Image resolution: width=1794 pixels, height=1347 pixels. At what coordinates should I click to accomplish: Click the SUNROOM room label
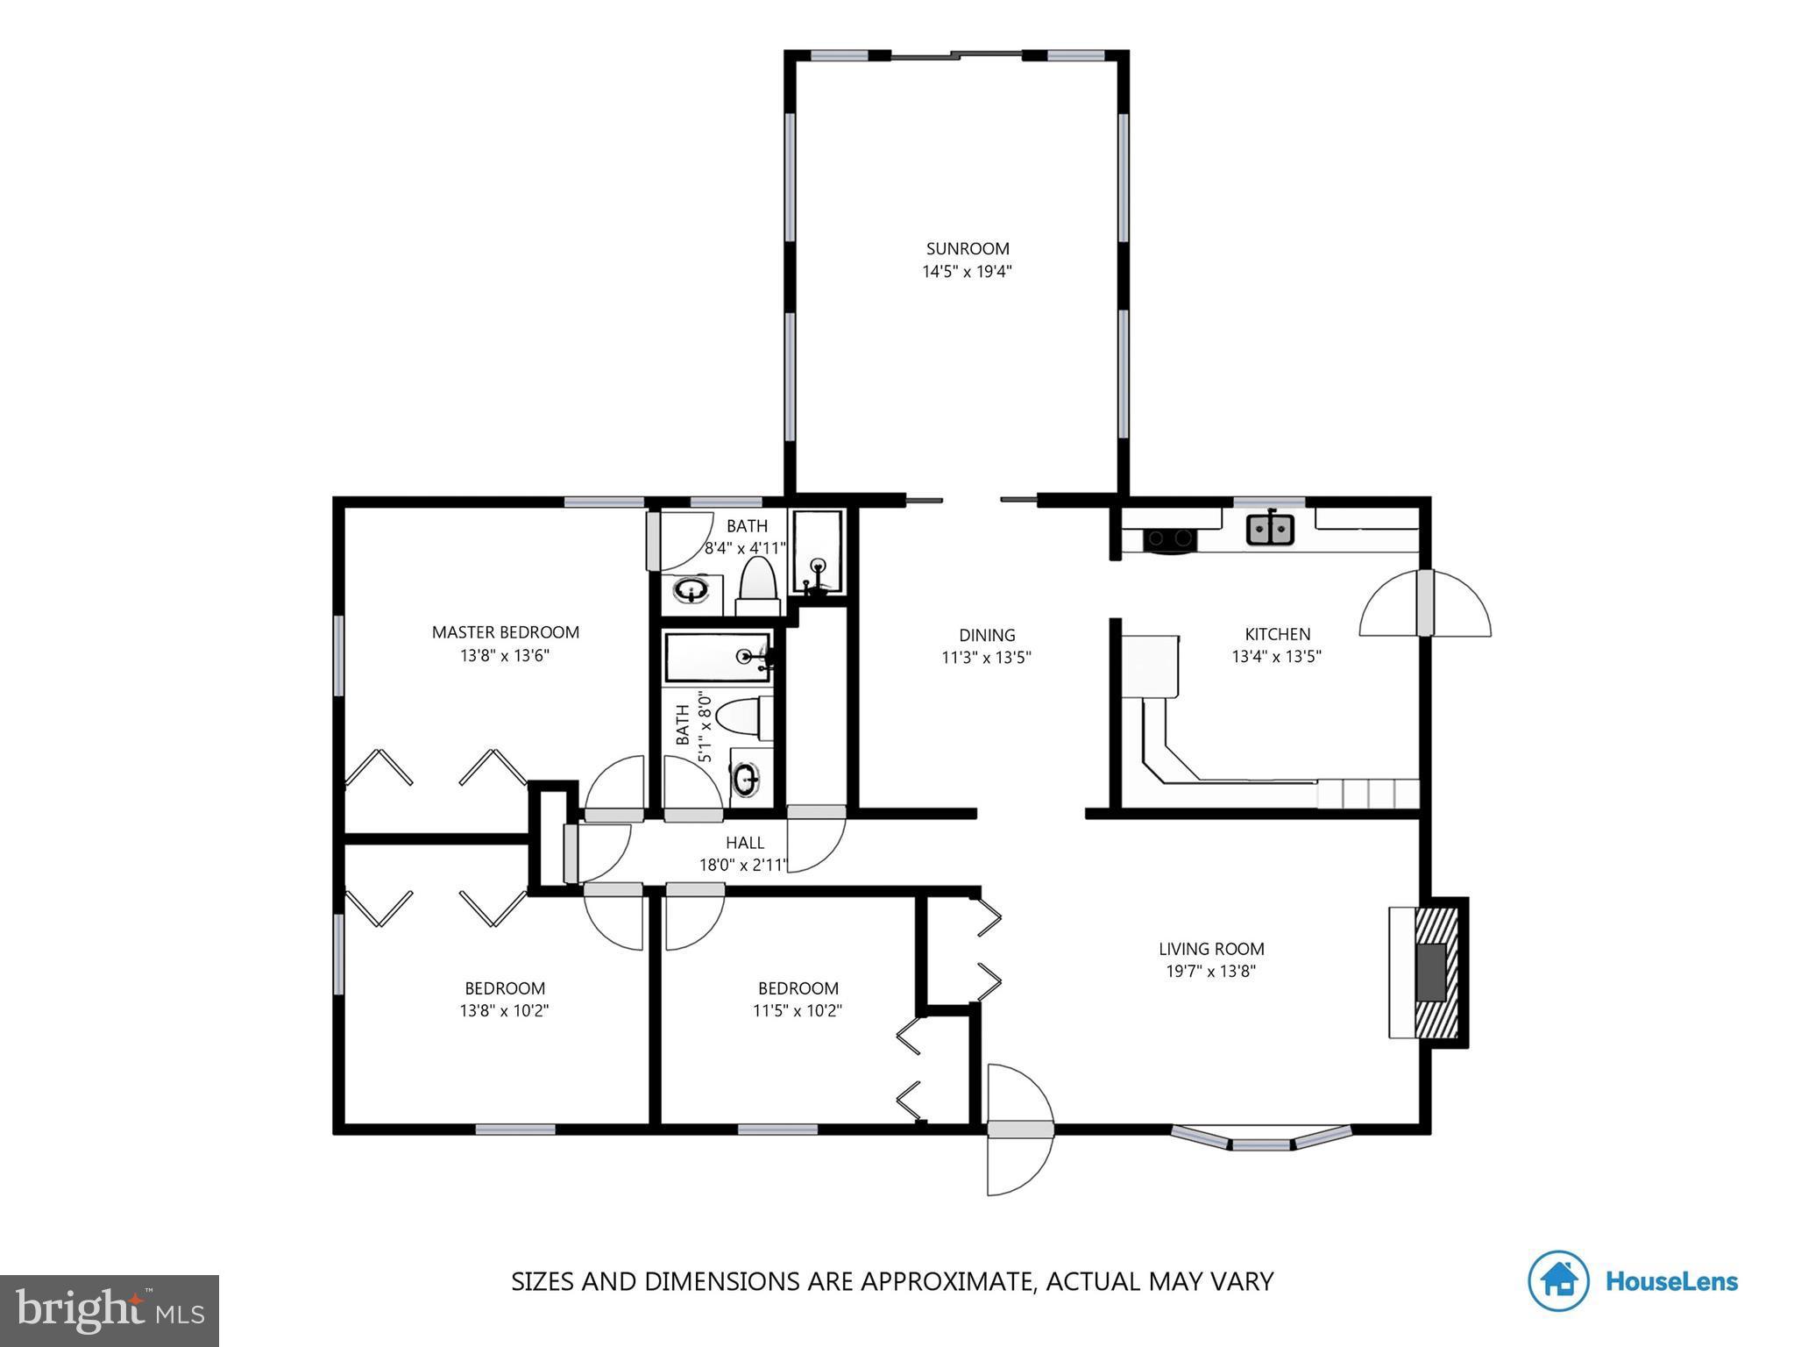coord(968,249)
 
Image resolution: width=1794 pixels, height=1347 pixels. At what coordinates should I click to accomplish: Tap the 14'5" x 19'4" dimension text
coord(968,272)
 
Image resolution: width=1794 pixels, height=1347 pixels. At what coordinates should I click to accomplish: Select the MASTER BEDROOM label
coord(505,632)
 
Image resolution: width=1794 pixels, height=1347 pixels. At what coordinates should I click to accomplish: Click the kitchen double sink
coord(1270,530)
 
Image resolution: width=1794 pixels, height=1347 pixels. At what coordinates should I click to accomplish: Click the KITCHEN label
coord(1277,634)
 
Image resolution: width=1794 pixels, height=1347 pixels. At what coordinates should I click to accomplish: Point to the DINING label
coord(987,635)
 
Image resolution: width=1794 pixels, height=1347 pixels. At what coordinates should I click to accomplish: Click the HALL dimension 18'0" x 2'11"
coord(744,866)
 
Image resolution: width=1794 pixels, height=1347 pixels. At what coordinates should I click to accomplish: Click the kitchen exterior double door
coord(1425,603)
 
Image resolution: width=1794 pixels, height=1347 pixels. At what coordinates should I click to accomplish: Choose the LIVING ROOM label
coord(1211,948)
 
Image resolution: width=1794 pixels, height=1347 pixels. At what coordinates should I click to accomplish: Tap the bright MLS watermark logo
coord(110,1310)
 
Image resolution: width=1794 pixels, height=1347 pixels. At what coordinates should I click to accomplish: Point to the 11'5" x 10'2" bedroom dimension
coord(797,1010)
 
